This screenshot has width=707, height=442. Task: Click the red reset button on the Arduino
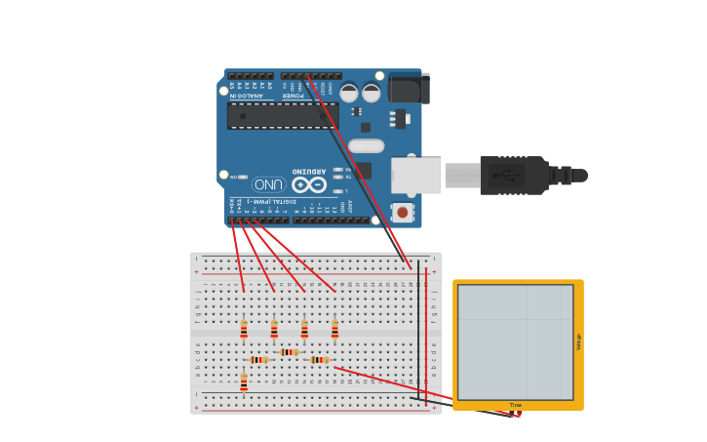coord(402,212)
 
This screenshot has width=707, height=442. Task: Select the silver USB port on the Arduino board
coord(416,176)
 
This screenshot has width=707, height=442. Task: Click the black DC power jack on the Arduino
coord(409,89)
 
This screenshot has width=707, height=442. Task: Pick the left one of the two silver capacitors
coord(349,94)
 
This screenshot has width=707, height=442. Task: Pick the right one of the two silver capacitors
coord(372,94)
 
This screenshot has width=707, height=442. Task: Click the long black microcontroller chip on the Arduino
coord(282,116)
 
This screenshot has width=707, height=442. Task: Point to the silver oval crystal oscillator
coord(366,146)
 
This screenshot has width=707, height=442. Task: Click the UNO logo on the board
coord(268,184)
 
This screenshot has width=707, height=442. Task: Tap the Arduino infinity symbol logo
coord(309,184)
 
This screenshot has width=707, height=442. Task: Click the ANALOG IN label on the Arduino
coord(245,96)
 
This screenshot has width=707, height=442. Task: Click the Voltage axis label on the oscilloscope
coord(578,342)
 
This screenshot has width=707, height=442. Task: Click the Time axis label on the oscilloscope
coord(516,405)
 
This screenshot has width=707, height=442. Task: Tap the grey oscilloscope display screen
coord(515,342)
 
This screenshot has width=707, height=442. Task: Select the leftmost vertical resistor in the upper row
coord(244,330)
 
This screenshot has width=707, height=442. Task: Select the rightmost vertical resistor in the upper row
coord(334,330)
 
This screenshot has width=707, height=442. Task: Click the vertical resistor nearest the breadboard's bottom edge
coord(244,382)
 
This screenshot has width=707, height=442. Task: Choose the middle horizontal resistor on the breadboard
coord(289,352)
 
